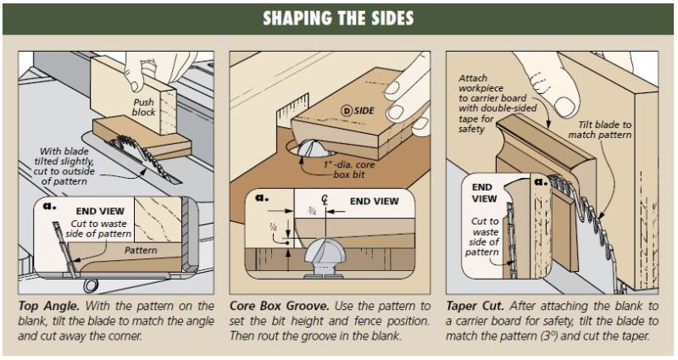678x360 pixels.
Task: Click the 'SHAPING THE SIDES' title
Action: [x=338, y=19]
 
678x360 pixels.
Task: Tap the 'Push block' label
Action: [x=143, y=108]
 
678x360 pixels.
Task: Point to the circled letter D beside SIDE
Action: [x=346, y=111]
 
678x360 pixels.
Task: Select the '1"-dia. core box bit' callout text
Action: [x=349, y=169]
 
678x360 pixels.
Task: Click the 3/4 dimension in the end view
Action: [x=311, y=210]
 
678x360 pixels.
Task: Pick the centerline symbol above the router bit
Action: [x=325, y=201]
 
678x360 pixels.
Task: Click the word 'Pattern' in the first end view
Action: [x=141, y=250]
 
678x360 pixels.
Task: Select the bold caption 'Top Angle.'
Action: [x=49, y=306]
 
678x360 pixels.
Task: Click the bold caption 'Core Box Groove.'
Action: [x=280, y=306]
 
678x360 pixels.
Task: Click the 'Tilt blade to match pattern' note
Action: [x=600, y=130]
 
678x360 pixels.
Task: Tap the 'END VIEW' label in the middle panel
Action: [x=375, y=202]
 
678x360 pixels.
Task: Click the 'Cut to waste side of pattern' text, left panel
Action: [x=98, y=229]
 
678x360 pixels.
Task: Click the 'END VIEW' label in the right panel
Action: [x=482, y=193]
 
